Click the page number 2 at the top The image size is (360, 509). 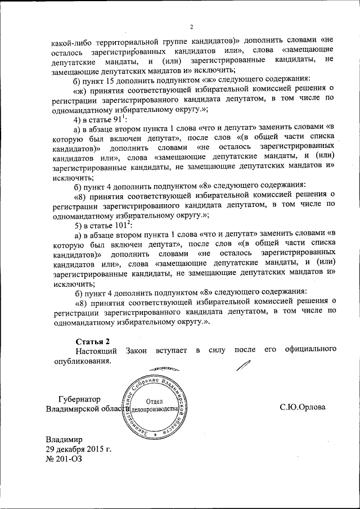click(191, 27)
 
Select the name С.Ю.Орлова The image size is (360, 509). click(303, 407)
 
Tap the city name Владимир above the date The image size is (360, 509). click(64, 440)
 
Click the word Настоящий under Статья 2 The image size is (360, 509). click(96, 352)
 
